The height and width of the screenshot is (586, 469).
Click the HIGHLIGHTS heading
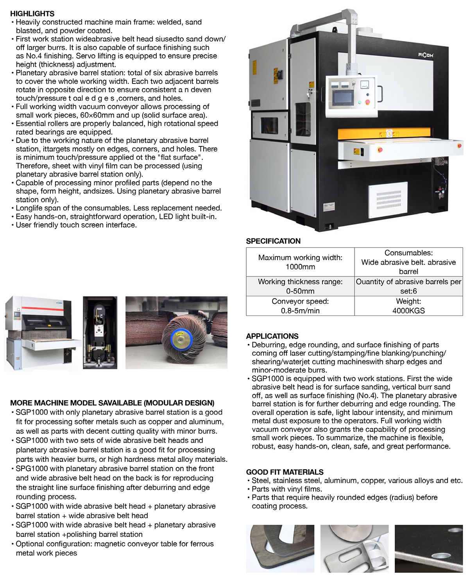tap(32, 14)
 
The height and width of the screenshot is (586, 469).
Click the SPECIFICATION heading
tap(273, 241)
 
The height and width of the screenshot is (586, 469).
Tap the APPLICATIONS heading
tap(272, 336)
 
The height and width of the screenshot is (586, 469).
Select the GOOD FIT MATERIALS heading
tap(285, 472)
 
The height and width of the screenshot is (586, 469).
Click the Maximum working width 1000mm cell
tap(300, 262)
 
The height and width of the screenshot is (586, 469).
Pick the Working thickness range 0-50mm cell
tap(300, 286)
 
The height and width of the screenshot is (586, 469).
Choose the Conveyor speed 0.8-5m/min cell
tap(300, 306)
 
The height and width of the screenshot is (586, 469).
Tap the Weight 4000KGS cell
tap(408, 306)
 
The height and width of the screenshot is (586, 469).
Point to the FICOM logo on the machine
tap(426, 55)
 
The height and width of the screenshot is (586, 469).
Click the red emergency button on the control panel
tap(367, 102)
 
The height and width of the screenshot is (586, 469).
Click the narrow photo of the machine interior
tap(100, 333)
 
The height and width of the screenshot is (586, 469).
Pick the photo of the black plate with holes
tap(429, 549)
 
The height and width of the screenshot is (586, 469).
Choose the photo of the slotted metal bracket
tap(354, 549)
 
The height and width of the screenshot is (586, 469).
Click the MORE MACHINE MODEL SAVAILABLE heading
tap(112, 403)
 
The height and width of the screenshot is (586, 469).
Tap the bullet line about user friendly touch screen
tap(76, 225)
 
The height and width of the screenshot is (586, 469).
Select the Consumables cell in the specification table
tap(408, 262)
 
